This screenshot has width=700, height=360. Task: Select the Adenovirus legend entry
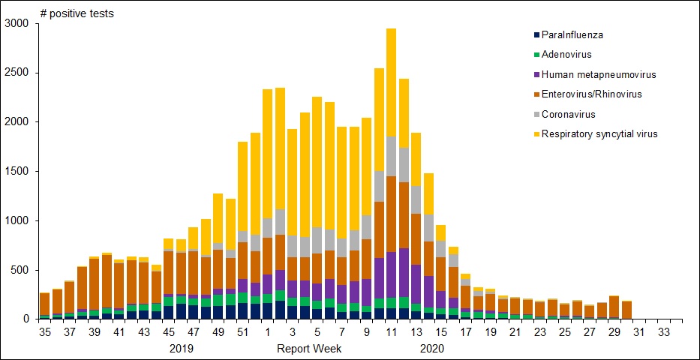coord(568,55)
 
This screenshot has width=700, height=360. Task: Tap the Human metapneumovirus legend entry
coord(593,74)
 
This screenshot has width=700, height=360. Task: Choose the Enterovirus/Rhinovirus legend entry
coord(590,94)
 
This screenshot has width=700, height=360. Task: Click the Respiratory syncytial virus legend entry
coord(599,133)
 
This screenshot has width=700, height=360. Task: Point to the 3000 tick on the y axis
coord(16,23)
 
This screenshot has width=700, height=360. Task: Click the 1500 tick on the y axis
coord(16,171)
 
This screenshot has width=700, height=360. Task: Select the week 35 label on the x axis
coord(44,331)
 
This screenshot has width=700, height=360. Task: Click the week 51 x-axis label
coord(242,331)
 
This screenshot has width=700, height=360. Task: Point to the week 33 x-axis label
coord(662,331)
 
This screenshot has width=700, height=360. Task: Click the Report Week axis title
coord(309,349)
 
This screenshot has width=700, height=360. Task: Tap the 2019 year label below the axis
coord(182,349)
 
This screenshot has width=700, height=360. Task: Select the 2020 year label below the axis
coord(432,349)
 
